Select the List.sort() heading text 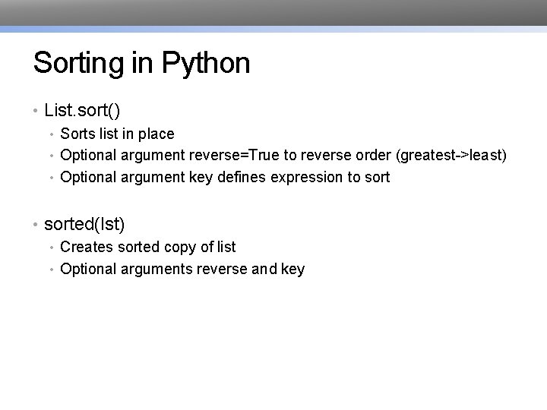click(82, 111)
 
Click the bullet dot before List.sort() click(36, 112)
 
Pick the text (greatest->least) click(451, 156)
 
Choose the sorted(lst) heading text click(84, 225)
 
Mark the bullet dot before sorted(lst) click(36, 225)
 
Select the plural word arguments click(155, 269)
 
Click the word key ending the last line click(292, 269)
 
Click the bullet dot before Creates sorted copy click(52, 248)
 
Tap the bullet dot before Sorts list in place click(52, 134)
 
